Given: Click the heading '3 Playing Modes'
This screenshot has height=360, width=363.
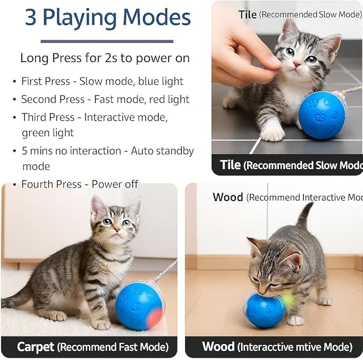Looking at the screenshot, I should coord(107,18).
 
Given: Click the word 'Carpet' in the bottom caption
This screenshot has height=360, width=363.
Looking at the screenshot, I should coord(35,347).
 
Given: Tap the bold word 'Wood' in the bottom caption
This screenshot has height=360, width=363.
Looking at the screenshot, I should coord(218,347).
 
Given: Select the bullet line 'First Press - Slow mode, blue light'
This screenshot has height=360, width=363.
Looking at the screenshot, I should coord(102,81).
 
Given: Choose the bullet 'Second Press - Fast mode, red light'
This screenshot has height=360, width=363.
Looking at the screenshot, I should coord(105,99).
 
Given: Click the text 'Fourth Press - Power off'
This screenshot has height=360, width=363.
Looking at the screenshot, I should coord(80,184).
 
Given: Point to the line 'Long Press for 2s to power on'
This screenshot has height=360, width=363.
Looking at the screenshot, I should coord(105,58).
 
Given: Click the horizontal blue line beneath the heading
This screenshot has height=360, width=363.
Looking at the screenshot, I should coord(107,41).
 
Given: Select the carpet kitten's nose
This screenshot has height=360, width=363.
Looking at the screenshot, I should coord(116,229).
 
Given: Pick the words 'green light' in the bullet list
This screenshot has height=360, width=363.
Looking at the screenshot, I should coord(48,132).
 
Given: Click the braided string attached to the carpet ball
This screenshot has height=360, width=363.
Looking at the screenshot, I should coord(165,270).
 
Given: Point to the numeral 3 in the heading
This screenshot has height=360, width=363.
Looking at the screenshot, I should coord(32,18).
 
